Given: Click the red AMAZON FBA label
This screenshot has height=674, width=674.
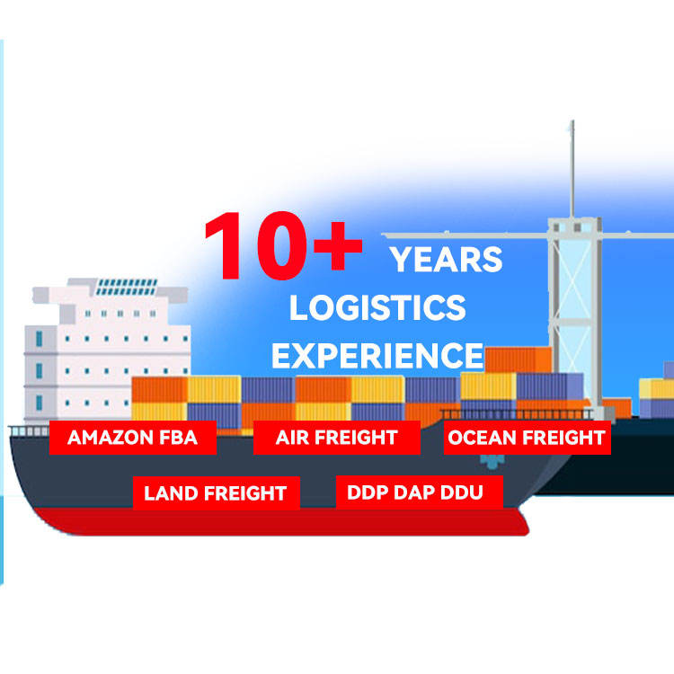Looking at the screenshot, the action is [133, 437].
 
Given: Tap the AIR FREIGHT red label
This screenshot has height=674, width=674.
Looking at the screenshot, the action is [337, 437].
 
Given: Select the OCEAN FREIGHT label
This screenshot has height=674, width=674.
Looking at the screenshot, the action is [527, 437].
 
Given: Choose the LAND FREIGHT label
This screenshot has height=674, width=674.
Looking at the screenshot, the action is [217, 492].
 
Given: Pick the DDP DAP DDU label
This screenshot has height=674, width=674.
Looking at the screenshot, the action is [419, 492].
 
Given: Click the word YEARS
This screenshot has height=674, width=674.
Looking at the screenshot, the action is [446, 259].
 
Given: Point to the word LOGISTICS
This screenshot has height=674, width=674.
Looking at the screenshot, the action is [377, 307].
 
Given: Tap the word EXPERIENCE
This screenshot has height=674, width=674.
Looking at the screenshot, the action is [377, 356].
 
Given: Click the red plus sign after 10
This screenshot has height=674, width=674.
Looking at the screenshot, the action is [338, 246].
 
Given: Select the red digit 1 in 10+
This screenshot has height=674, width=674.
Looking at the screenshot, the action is [226, 245].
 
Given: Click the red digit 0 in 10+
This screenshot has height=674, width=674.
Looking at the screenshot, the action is [282, 245].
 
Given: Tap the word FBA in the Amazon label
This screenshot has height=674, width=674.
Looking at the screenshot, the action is [179, 437].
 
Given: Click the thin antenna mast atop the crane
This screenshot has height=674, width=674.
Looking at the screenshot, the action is [572, 169].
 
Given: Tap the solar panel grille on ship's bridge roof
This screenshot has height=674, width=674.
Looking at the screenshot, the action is [126, 287].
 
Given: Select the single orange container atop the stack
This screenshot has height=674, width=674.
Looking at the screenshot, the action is [518, 359].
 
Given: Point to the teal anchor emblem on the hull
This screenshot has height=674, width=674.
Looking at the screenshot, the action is [492, 461].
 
